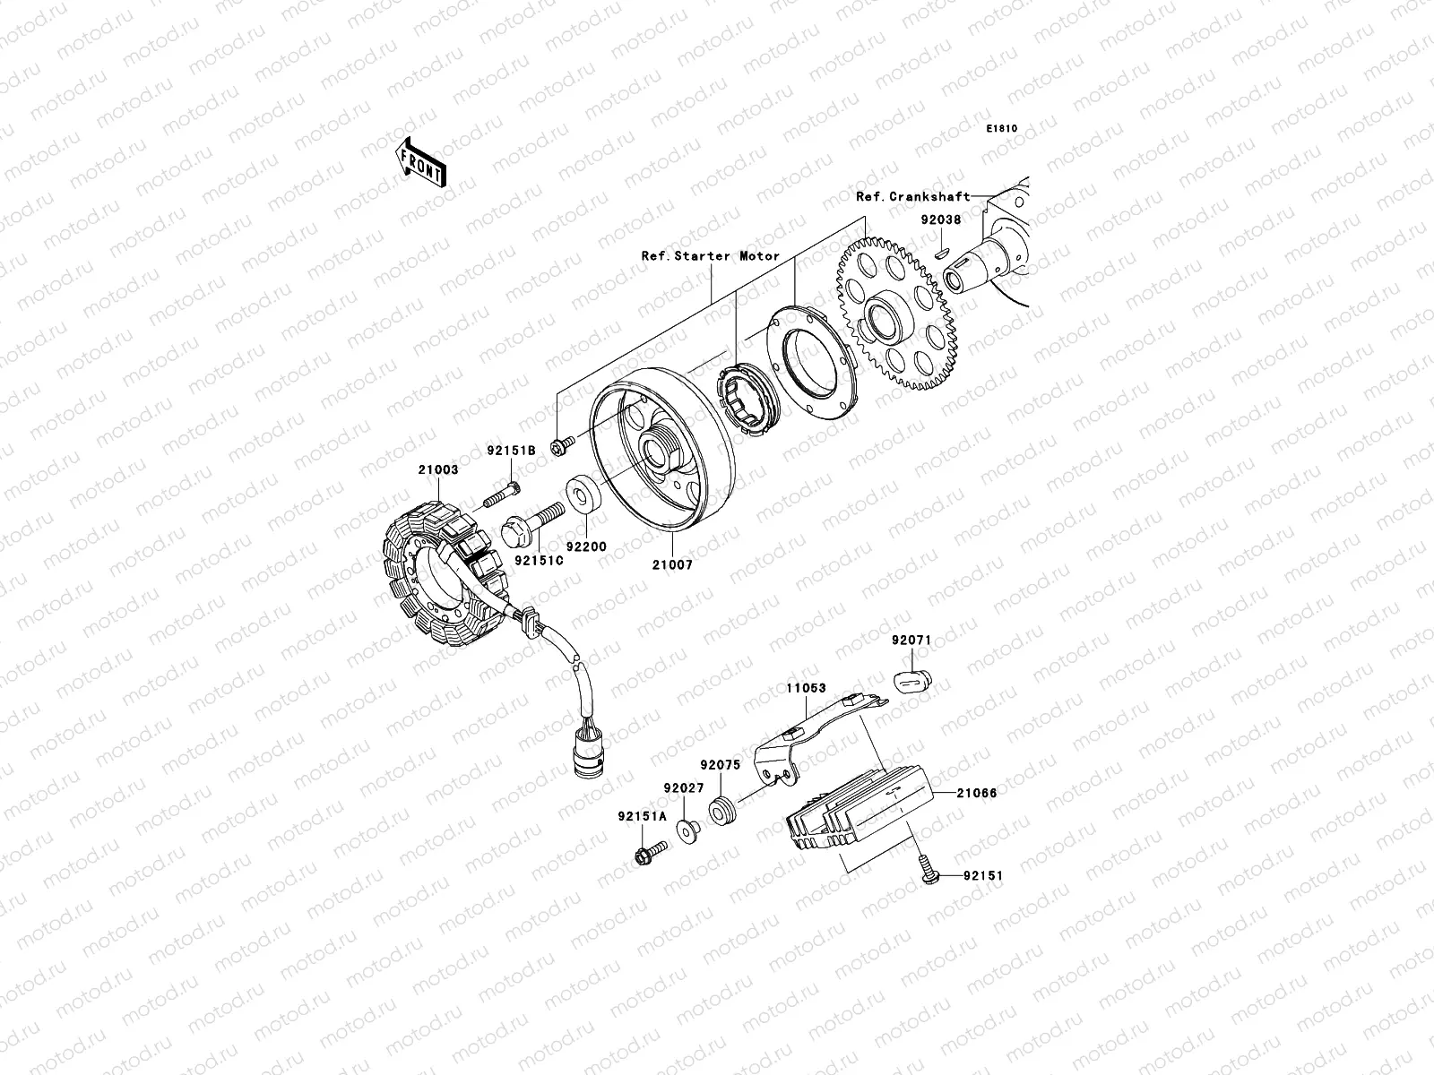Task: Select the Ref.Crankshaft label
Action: (x=912, y=196)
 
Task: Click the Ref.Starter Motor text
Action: (x=710, y=255)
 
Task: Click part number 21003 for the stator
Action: (x=437, y=468)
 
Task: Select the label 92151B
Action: (x=511, y=451)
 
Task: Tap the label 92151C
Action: (x=539, y=561)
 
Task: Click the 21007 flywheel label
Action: (x=671, y=565)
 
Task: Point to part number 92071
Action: (x=911, y=641)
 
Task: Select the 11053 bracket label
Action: (x=806, y=690)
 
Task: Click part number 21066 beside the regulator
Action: (x=976, y=793)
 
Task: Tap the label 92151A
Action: (x=642, y=816)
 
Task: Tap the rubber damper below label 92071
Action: (x=909, y=684)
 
